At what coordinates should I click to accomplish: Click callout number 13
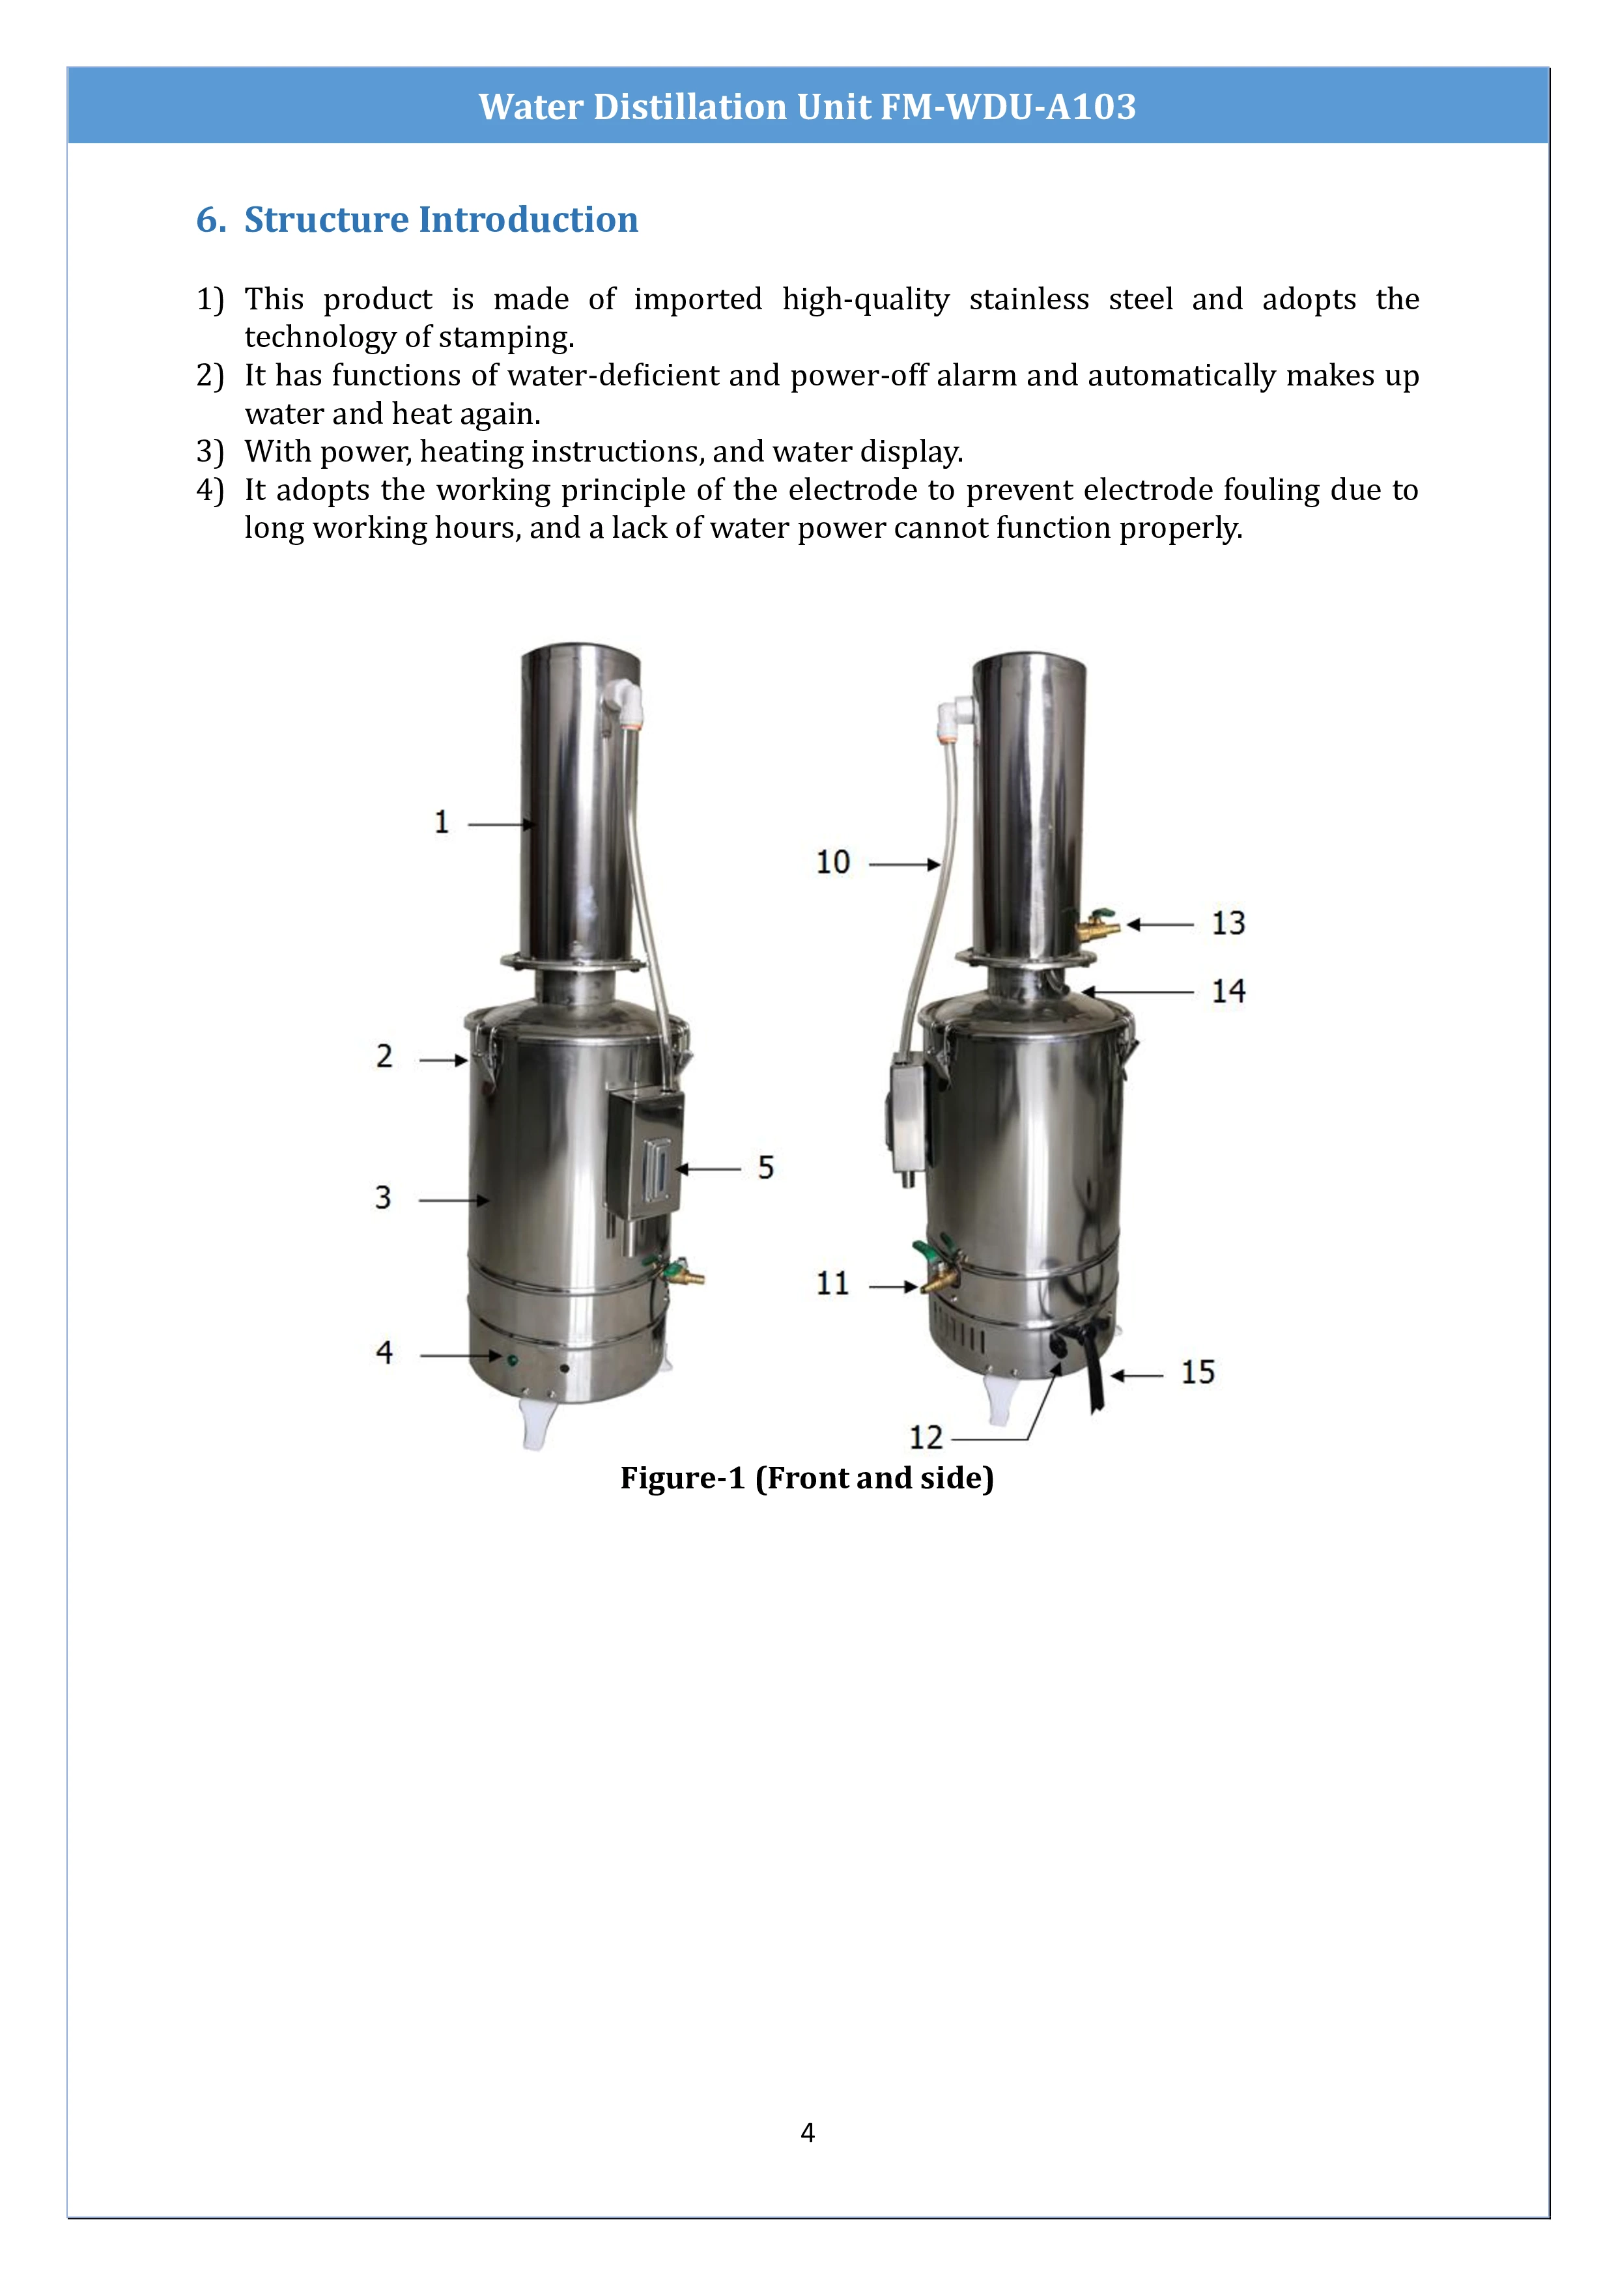1227,923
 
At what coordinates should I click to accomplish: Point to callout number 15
1197,1372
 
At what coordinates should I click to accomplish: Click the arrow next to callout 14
1137,992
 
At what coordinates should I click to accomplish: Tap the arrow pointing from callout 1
502,825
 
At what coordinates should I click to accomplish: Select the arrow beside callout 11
892,1287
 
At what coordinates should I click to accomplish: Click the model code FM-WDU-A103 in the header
1008,106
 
